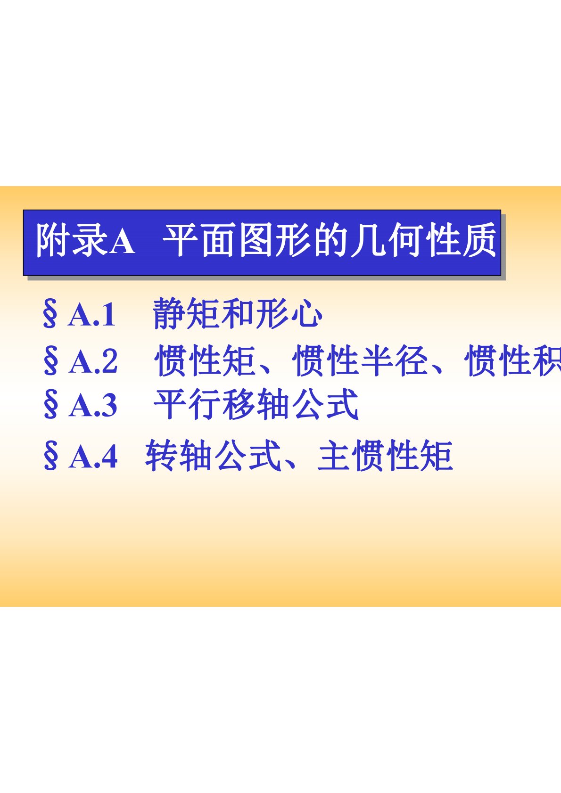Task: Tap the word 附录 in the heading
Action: click(x=72, y=240)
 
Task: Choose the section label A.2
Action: click(x=93, y=361)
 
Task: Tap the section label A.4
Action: click(x=93, y=457)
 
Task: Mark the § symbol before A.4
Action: click(x=50, y=457)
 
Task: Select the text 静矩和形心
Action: click(x=238, y=314)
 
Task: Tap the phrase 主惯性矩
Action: click(x=385, y=456)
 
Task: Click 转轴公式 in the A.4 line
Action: click(x=213, y=456)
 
